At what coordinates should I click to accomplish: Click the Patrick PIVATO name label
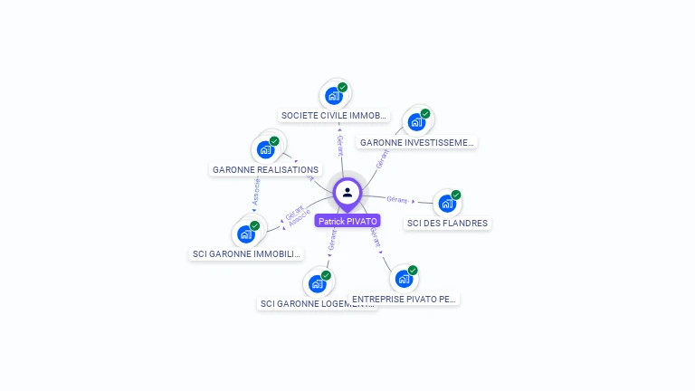click(x=347, y=221)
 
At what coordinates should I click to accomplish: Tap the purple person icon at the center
click(x=347, y=192)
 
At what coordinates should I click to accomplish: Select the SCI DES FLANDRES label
click(x=447, y=224)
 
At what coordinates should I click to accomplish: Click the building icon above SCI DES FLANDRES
click(x=446, y=204)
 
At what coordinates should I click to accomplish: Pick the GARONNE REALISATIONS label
click(x=265, y=169)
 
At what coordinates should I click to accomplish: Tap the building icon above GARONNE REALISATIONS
click(x=266, y=149)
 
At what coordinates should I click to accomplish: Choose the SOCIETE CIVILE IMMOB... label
click(x=334, y=116)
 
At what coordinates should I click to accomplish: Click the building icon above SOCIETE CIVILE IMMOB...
click(x=334, y=95)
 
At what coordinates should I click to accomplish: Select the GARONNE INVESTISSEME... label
click(x=416, y=142)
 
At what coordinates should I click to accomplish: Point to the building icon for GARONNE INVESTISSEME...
click(x=415, y=122)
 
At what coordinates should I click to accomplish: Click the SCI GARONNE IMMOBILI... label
click(x=245, y=254)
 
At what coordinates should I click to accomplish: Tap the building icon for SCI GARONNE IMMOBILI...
click(x=245, y=234)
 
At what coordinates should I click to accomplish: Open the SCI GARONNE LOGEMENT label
click(x=316, y=304)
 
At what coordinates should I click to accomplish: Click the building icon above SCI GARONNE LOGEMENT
click(x=317, y=284)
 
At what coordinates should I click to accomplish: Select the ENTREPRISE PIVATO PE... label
click(x=405, y=299)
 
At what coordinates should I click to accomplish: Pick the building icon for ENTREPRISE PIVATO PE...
click(x=404, y=279)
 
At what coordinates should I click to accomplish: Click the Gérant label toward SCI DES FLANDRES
click(x=396, y=199)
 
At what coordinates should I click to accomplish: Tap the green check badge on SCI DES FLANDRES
click(x=456, y=195)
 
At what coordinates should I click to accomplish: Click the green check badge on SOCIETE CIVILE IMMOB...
click(x=343, y=87)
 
